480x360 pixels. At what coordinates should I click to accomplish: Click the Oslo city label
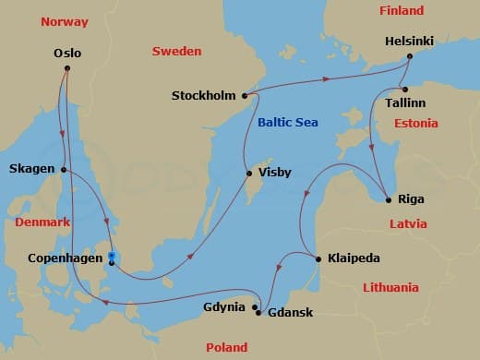pyautogui.click(x=67, y=53)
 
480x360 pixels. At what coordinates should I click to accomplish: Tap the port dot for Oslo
pyautogui.click(x=67, y=66)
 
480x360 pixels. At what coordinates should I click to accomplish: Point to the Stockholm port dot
pyautogui.click(x=245, y=95)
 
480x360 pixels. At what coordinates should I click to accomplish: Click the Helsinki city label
pyautogui.click(x=410, y=42)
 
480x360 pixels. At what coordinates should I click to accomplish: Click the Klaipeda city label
pyautogui.click(x=354, y=258)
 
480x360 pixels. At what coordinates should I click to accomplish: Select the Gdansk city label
pyautogui.click(x=290, y=312)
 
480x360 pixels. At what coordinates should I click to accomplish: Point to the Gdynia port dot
pyautogui.click(x=255, y=306)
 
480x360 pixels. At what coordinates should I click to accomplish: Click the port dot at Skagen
pyautogui.click(x=64, y=169)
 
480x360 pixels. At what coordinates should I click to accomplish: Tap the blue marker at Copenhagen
pyautogui.click(x=111, y=257)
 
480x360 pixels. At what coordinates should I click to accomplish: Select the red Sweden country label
pyautogui.click(x=176, y=52)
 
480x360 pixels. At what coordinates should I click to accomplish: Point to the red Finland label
pyautogui.click(x=401, y=11)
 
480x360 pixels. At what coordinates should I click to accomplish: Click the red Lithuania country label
pyautogui.click(x=390, y=287)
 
